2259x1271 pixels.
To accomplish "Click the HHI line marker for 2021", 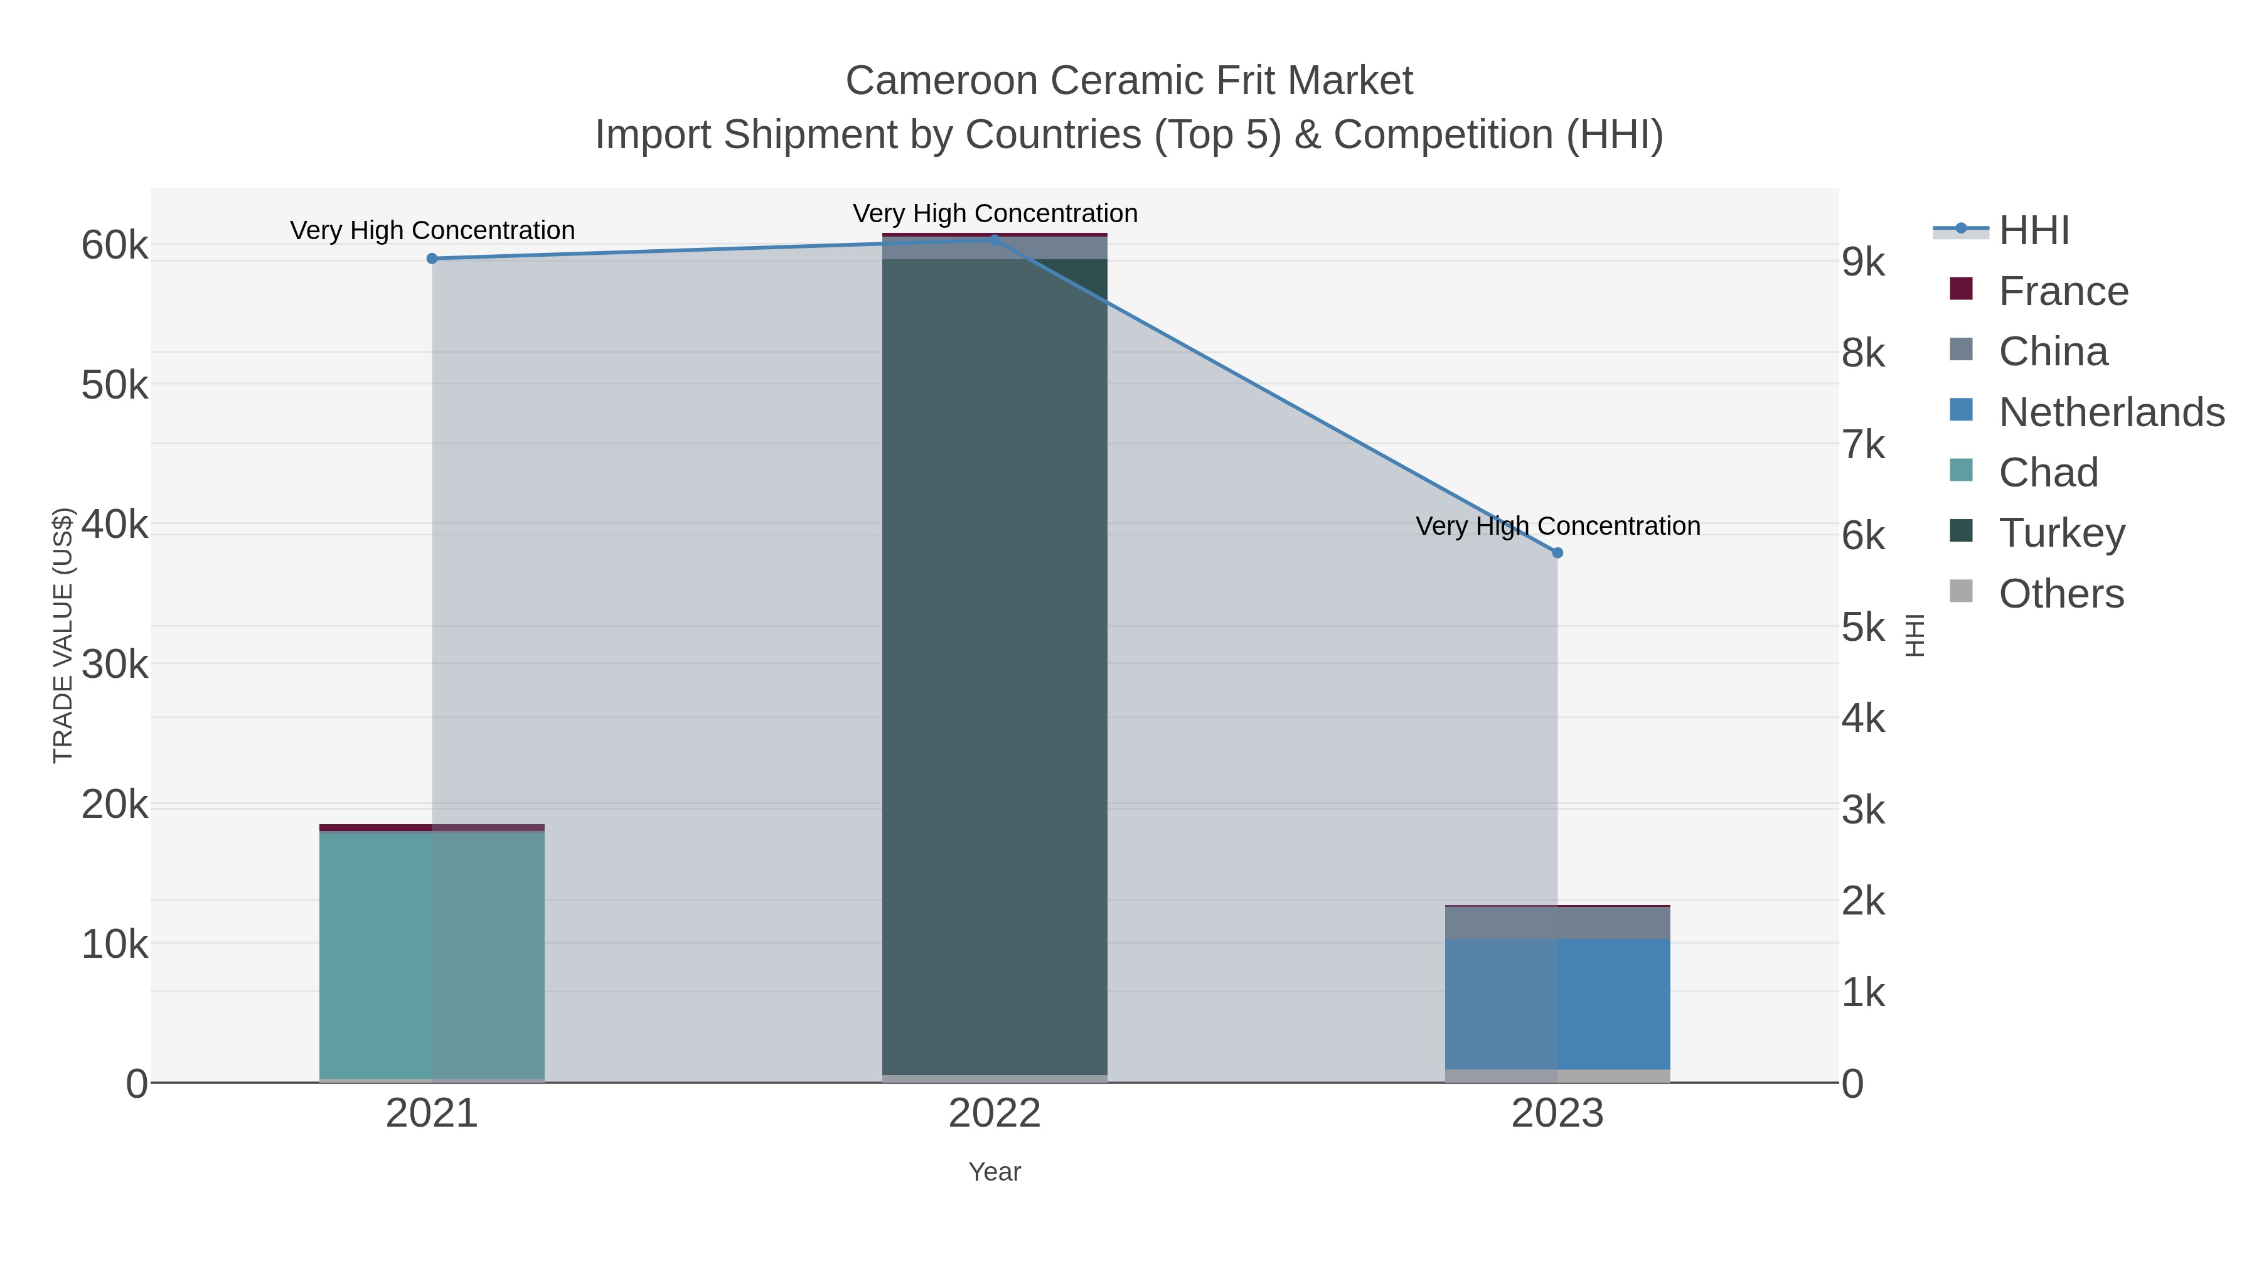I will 432,259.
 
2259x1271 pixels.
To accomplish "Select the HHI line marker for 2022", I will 995,240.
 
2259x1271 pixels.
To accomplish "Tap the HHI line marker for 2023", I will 1557,552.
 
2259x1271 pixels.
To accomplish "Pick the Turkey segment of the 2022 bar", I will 995,667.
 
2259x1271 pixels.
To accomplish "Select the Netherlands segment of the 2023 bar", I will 1557,1004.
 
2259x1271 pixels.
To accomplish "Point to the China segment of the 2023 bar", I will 1557,923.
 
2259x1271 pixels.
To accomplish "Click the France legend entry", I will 2063,291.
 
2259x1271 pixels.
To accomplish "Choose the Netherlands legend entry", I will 2111,412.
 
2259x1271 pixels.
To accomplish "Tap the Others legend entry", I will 2061,594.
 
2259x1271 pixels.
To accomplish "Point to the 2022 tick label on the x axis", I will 995,1114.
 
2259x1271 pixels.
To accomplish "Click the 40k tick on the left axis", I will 114,525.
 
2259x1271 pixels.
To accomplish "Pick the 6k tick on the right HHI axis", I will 1862,536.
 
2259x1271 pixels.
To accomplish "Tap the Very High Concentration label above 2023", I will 1557,527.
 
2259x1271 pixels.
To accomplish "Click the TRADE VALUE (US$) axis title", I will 63,635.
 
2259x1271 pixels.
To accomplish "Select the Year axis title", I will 995,1172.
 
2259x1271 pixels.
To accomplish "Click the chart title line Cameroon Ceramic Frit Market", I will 1129,81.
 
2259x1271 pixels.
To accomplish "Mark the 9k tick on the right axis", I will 1862,262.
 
